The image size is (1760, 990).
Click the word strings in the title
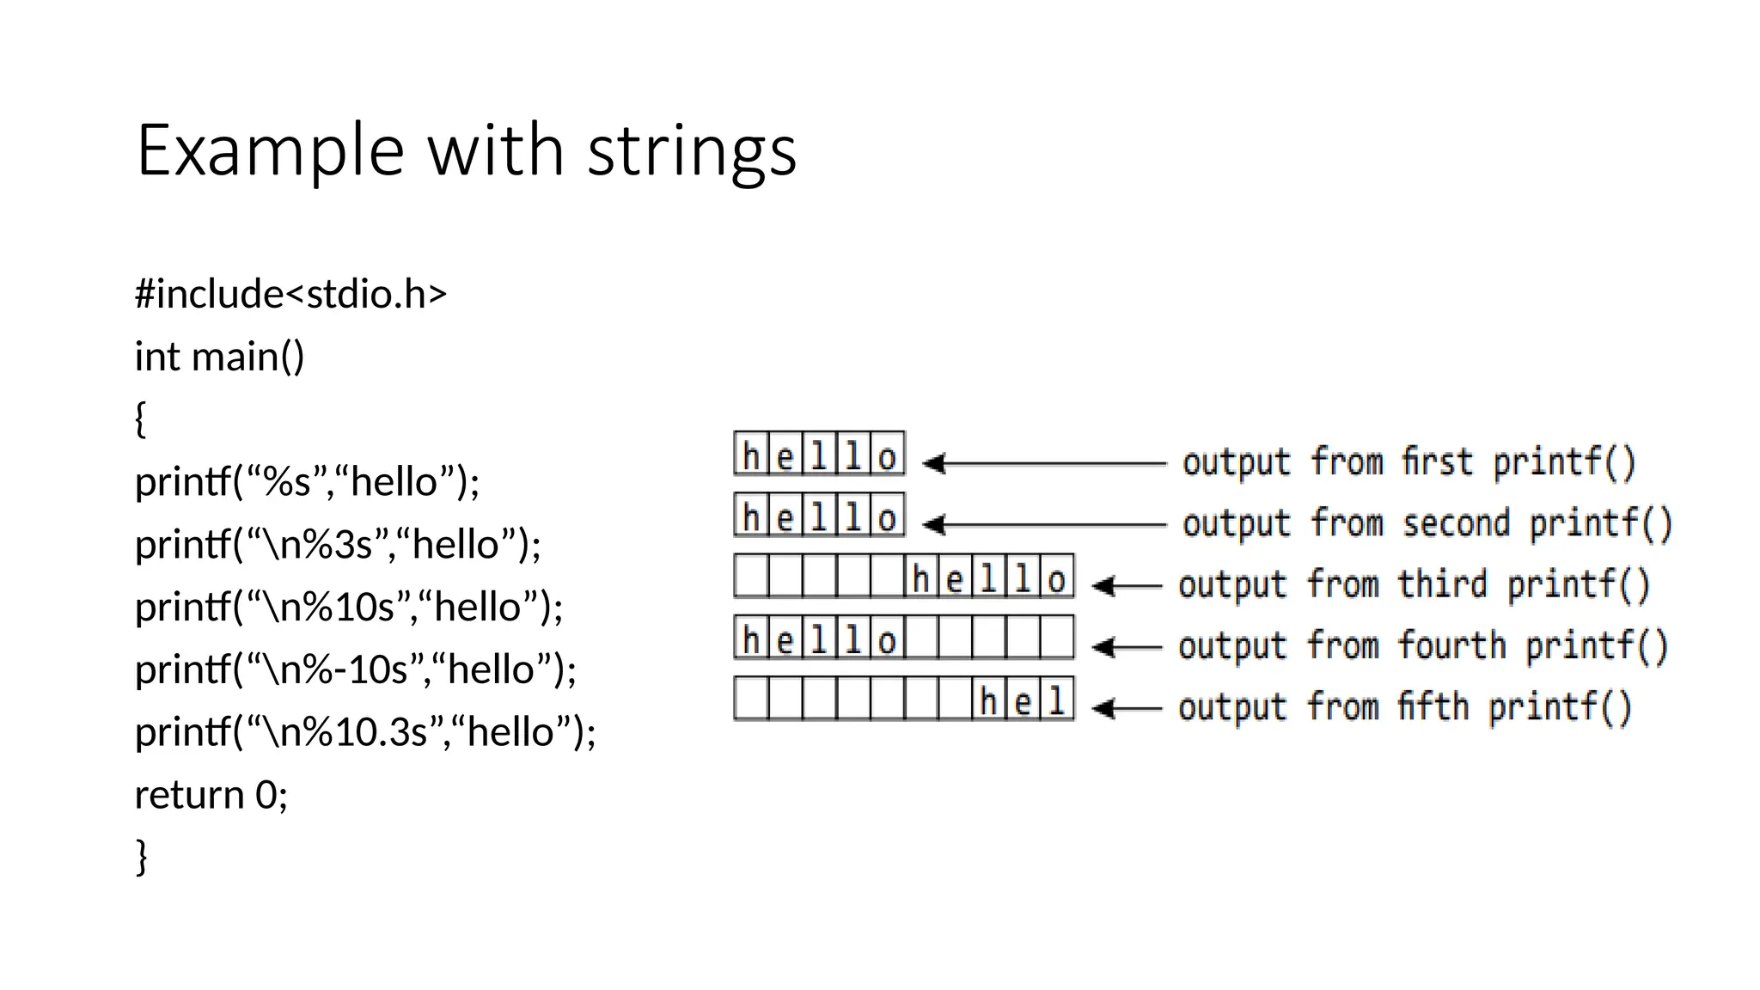[x=692, y=151]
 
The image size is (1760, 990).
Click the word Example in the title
[x=270, y=151]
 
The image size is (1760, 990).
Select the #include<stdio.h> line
[x=290, y=294]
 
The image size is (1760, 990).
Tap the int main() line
[x=219, y=357]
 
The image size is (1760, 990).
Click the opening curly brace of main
[x=141, y=419]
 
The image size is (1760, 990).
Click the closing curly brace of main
[x=142, y=857]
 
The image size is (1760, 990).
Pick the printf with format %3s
[x=338, y=544]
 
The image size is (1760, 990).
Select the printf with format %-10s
[x=356, y=669]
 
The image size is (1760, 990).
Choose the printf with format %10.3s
[x=365, y=732]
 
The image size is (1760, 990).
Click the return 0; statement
[x=211, y=795]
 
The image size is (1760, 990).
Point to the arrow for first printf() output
[x=1043, y=463]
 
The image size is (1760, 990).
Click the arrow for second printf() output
[x=1043, y=524]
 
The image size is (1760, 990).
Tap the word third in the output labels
[x=1441, y=584]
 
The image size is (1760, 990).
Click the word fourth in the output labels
[x=1451, y=645]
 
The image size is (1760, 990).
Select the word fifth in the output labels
[x=1433, y=706]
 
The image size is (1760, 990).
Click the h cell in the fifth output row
[x=988, y=700]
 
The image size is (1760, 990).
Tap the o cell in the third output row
[x=1056, y=577]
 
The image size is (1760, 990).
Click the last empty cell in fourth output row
[x=1056, y=638]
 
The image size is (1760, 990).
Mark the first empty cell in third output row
[x=750, y=577]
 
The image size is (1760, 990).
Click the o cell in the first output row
[x=887, y=455]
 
